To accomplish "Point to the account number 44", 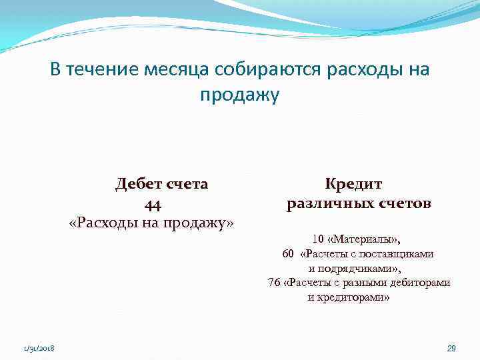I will pos(153,203).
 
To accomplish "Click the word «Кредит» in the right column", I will pos(354,184).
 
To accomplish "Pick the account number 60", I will pos(288,253).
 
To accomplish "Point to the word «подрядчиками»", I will pos(354,268).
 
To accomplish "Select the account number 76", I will pos(274,283).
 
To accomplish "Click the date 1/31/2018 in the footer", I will pos(39,349).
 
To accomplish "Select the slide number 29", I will pos(451,349).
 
